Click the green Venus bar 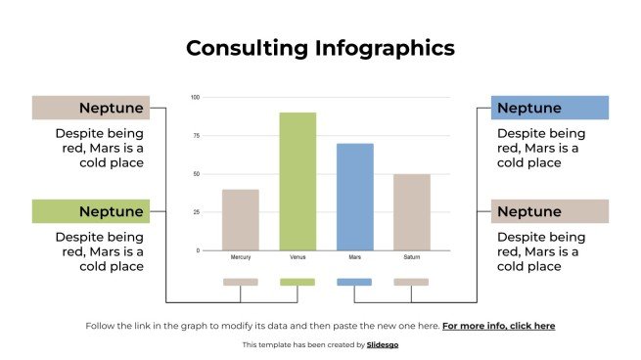pos(298,181)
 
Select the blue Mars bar pos(354,197)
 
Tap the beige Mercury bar pos(241,219)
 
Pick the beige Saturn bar pos(411,211)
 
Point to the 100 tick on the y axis pos(195,97)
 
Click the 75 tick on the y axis pos(196,136)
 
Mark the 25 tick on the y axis pos(196,212)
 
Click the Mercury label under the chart pos(241,257)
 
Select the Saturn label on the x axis pos(412,257)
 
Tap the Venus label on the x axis pos(298,257)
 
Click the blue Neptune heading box pos(549,108)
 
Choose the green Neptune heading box pos(90,211)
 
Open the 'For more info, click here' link pos(498,326)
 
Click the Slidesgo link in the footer pos(383,344)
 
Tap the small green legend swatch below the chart pos(298,282)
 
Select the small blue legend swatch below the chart pos(354,282)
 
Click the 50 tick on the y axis pos(196,174)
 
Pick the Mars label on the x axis pos(354,257)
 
